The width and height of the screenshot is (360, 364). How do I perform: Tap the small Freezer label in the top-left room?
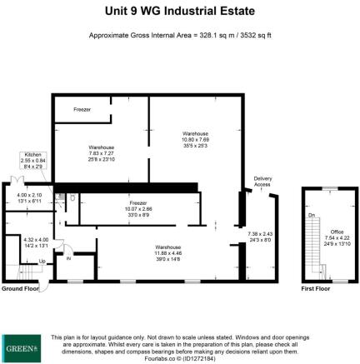[x=82, y=109]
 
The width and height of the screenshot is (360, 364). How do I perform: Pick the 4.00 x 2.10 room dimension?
[x=28, y=199]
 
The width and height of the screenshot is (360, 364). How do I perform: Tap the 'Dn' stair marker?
[x=312, y=214]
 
